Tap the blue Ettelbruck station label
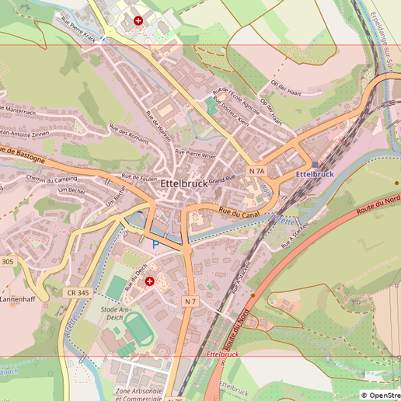[x=314, y=174]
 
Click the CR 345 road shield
[x=78, y=293]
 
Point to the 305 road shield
[x=7, y=262]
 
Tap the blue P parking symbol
[x=155, y=244]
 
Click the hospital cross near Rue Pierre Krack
[x=138, y=21]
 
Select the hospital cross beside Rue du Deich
[x=149, y=281]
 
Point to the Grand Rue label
[x=221, y=180]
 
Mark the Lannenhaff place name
[x=19, y=298]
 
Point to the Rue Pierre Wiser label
[x=196, y=154]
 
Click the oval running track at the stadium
[x=140, y=330]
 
